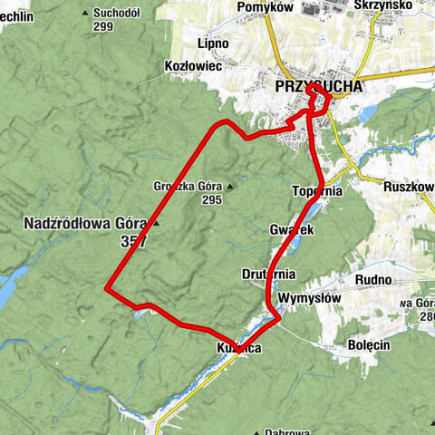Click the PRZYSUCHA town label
(317, 87)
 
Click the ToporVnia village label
(317, 191)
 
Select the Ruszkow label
(408, 187)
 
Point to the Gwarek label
(291, 231)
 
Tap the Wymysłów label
(308, 297)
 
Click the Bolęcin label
(369, 344)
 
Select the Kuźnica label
(238, 348)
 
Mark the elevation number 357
(132, 242)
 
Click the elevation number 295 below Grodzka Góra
(212, 200)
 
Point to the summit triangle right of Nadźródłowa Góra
(156, 222)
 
